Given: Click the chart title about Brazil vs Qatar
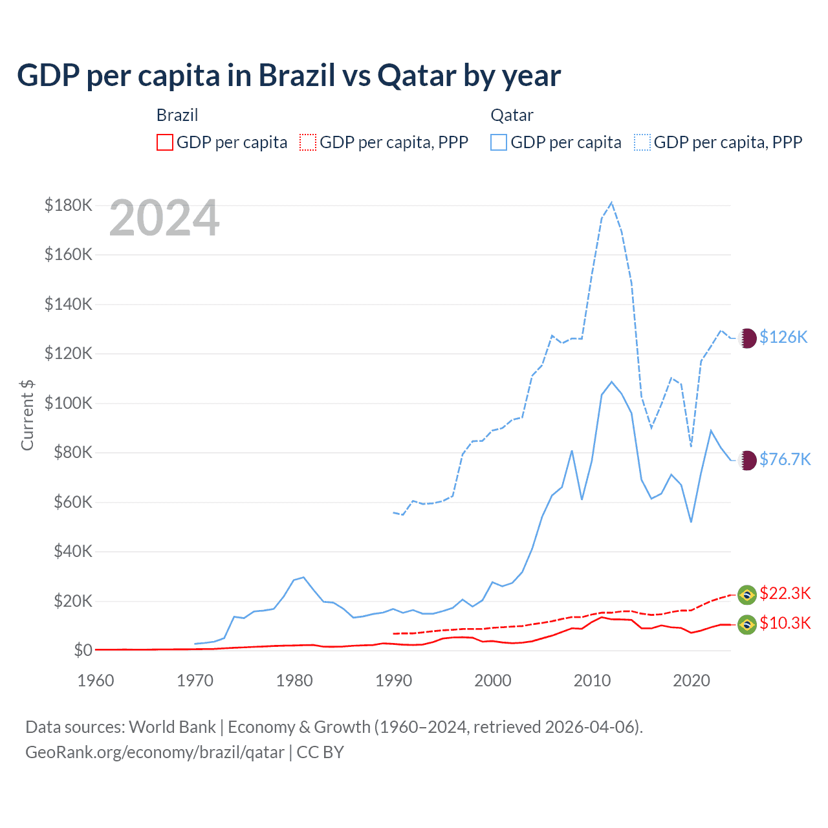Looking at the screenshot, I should tap(289, 76).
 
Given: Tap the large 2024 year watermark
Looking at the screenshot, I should tap(164, 219).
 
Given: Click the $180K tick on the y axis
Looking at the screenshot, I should tap(69, 206).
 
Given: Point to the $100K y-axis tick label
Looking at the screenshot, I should tap(69, 404).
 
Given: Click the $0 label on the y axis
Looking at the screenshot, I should tap(83, 651).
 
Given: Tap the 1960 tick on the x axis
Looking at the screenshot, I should tap(96, 681).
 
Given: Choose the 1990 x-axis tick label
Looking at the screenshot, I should tap(393, 681).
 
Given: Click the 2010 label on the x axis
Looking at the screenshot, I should tap(592, 681).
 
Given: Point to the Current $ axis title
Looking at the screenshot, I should tap(27, 415).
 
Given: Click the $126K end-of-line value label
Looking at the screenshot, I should tap(783, 337).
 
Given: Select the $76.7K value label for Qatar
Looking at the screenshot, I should tap(785, 459).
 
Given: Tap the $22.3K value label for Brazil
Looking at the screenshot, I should tap(785, 593).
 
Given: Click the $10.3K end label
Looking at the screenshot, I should tap(785, 623).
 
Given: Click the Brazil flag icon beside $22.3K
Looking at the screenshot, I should tap(747, 594).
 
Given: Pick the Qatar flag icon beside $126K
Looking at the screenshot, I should tap(747, 338).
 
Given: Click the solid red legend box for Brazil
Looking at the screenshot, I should tap(165, 142).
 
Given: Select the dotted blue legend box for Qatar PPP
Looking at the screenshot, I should tap(642, 142).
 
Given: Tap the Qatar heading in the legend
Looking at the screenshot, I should tap(512, 115).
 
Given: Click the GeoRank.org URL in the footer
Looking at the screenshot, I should tap(155, 752).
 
